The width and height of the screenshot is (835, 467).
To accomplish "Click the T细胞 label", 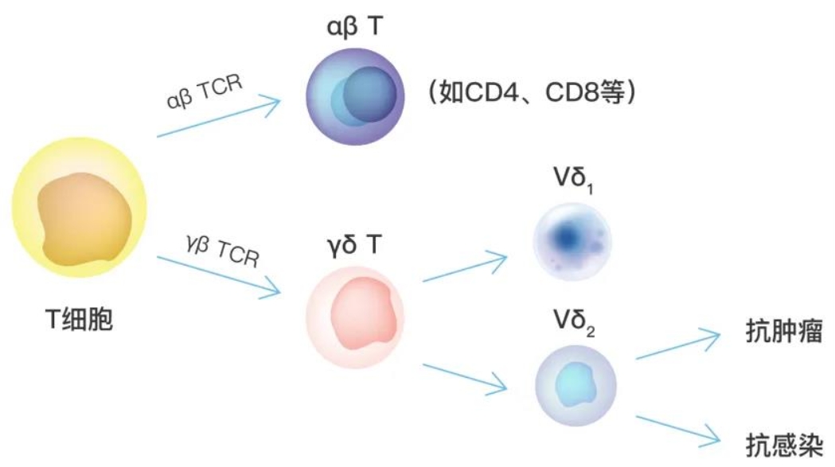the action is pos(80,320).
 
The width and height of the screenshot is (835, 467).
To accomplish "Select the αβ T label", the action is pos(355,26).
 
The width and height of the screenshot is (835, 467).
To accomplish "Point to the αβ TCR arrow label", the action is pos(205,91).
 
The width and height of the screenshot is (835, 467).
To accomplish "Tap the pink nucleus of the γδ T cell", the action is pos(365,313).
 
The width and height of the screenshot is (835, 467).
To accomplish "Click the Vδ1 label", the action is pos(574,179).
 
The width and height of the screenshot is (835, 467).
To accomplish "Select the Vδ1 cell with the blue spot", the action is pos(572,241).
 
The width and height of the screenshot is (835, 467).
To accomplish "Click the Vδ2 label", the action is pos(574,322).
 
